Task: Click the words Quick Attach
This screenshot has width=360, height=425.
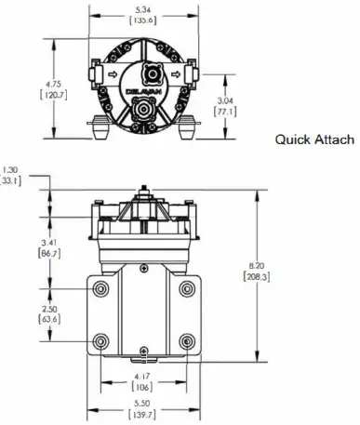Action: coord(313,139)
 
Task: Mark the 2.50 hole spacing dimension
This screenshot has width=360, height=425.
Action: coord(49,308)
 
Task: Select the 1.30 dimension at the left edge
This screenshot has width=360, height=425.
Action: coord(10,169)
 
